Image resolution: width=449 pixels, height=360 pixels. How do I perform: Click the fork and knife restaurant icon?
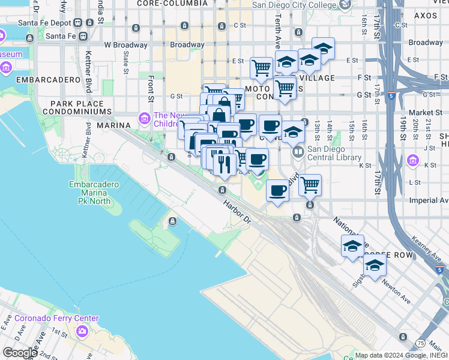click(224, 165)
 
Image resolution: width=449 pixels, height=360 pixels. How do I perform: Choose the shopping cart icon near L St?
click(310, 185)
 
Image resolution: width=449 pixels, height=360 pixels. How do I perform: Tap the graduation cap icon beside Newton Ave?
click(375, 266)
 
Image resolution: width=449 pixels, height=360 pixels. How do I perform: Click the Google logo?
click(19, 353)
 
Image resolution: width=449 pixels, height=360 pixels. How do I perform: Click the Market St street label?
click(426, 112)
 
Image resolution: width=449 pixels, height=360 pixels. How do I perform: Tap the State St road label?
click(126, 62)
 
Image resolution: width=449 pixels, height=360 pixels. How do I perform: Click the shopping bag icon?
click(220, 114)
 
